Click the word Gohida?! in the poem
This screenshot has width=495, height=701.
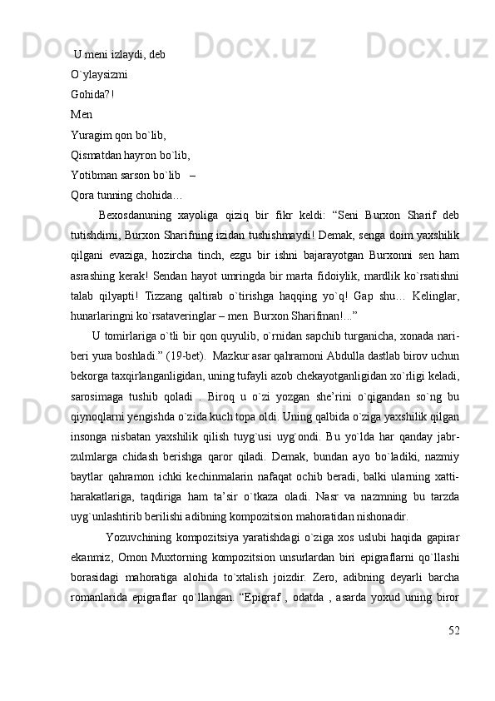92,94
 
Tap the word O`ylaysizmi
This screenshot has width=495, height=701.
99,74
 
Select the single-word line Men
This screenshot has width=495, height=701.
82,114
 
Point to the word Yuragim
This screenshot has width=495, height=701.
91,134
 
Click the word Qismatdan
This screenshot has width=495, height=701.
97,154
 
